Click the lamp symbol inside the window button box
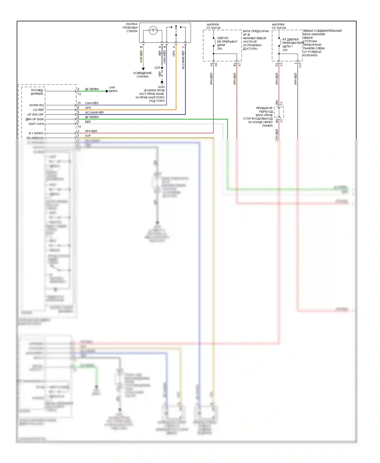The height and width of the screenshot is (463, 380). (x=153, y=31)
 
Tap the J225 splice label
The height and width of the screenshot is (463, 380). (x=157, y=68)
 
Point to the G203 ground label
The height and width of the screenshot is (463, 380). (x=161, y=87)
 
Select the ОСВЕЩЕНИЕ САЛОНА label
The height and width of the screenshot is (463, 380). (x=142, y=75)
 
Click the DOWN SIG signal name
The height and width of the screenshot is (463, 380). (x=36, y=105)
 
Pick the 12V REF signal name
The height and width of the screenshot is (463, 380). (x=38, y=110)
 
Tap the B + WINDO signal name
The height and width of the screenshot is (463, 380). (x=36, y=133)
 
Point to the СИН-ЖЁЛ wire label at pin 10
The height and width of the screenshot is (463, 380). (x=91, y=103)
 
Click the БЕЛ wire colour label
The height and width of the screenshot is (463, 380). (x=88, y=122)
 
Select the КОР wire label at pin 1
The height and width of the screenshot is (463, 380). (x=88, y=136)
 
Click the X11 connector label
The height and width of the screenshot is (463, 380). (x=300, y=66)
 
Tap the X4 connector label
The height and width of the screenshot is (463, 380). (x=216, y=65)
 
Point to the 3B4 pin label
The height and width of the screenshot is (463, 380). (x=277, y=103)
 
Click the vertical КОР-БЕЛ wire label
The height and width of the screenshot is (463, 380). (x=141, y=56)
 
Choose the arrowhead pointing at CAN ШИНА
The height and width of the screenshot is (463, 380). (x=107, y=91)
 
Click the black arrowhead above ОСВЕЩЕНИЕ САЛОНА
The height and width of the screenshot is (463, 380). (x=143, y=69)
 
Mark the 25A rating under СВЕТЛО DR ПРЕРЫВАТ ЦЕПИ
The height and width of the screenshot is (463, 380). (x=219, y=49)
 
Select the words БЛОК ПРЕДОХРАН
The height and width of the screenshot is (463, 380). (x=256, y=31)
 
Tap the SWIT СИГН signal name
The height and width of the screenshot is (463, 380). (x=36, y=124)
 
